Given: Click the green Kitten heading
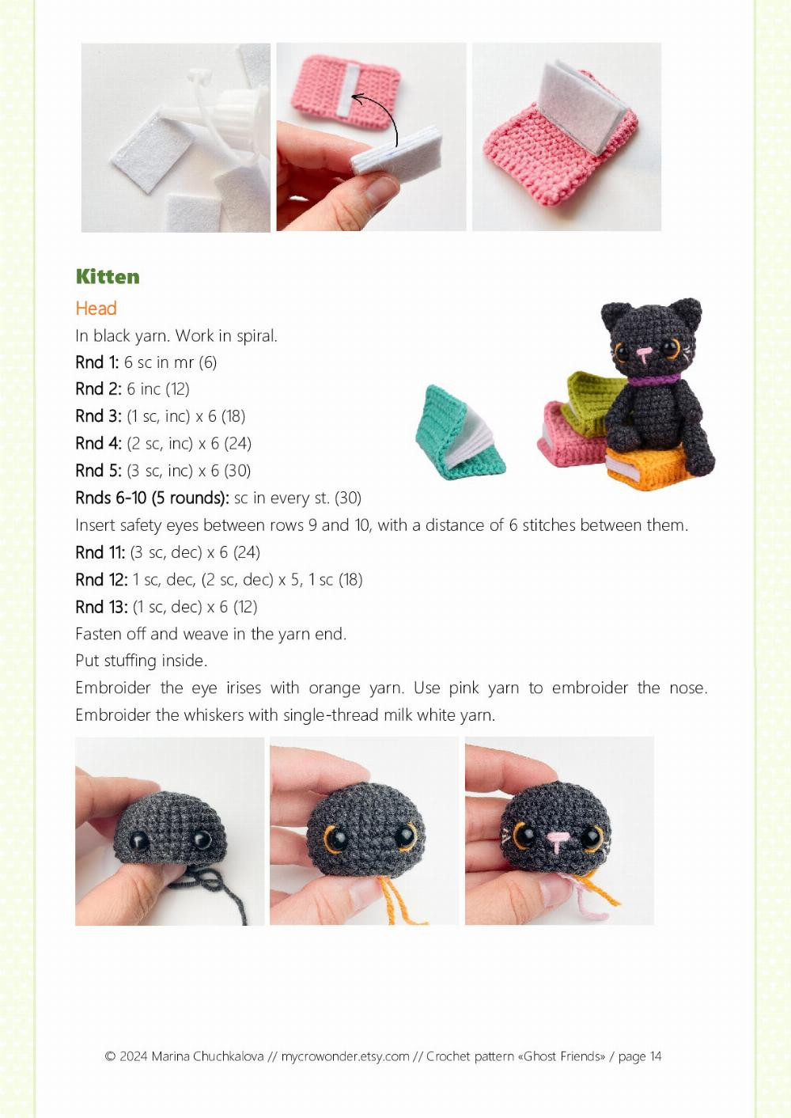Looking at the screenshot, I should pyautogui.click(x=108, y=276).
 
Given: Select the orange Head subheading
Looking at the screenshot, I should pyautogui.click(x=96, y=309).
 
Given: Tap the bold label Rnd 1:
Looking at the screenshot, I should pyautogui.click(x=97, y=362).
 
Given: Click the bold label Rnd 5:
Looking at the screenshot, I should pyautogui.click(x=98, y=471).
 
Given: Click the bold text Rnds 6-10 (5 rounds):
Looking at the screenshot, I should pyautogui.click(x=152, y=498).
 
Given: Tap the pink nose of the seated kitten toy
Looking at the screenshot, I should pyautogui.click(x=645, y=351).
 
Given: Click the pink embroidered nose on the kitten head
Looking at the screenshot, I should pyautogui.click(x=558, y=837).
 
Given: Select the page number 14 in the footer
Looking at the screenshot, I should pyautogui.click(x=656, y=1056).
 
